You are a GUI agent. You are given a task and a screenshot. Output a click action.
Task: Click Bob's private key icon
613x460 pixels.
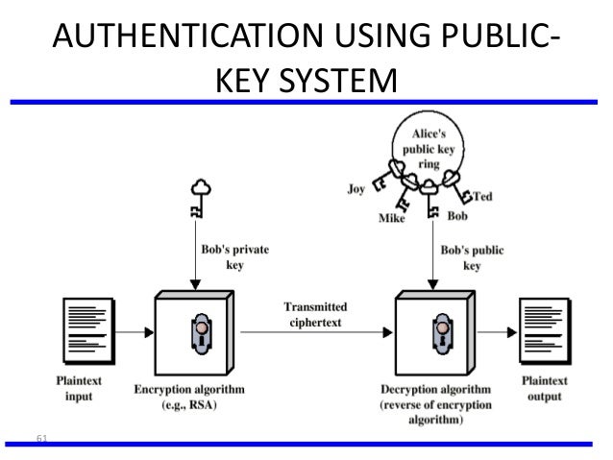pos(198,198)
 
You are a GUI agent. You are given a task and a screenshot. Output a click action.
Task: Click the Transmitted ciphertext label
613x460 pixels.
pos(315,313)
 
